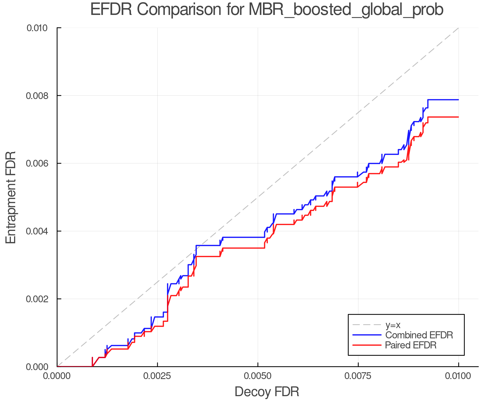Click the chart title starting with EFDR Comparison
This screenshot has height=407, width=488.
click(x=267, y=10)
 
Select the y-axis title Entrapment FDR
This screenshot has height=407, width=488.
click(x=11, y=197)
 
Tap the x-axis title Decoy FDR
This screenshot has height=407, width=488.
click(x=267, y=392)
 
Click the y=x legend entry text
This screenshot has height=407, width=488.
click(x=393, y=325)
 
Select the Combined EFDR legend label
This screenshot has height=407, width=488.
click(x=419, y=335)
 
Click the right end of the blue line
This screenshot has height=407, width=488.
click(x=458, y=100)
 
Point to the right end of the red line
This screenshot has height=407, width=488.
click(x=458, y=117)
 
